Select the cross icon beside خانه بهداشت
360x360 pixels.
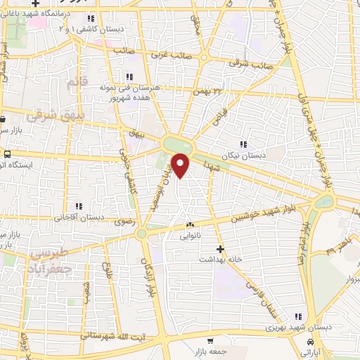[220, 249]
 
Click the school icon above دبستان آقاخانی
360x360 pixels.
[79, 206]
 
